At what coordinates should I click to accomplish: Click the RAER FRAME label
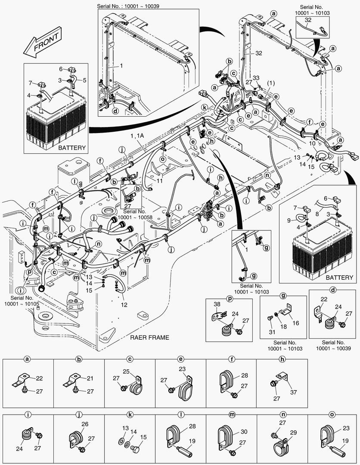pos(150,338)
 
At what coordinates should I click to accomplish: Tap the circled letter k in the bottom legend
pos(130,415)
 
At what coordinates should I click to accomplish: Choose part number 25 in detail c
pos(138,371)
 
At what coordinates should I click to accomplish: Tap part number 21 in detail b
pos(90,378)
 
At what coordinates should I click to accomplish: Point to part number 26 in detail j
pos(85,424)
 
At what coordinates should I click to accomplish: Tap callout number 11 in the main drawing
pos(160,181)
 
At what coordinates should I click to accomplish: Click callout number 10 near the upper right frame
pos(312,143)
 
